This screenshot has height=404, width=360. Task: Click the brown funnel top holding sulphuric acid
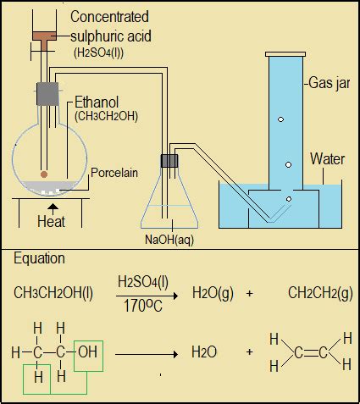[x=40, y=36]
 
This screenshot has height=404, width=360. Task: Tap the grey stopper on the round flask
[x=46, y=93]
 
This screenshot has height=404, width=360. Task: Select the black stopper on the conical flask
[x=170, y=160]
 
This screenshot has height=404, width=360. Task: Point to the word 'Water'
[x=327, y=158]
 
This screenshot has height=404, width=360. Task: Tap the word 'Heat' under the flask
[x=52, y=222]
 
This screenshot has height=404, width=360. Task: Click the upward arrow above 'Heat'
[x=53, y=206]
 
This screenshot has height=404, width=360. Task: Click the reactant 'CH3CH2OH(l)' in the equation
[x=53, y=293]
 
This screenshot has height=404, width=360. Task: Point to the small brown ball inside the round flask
[x=44, y=175]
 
